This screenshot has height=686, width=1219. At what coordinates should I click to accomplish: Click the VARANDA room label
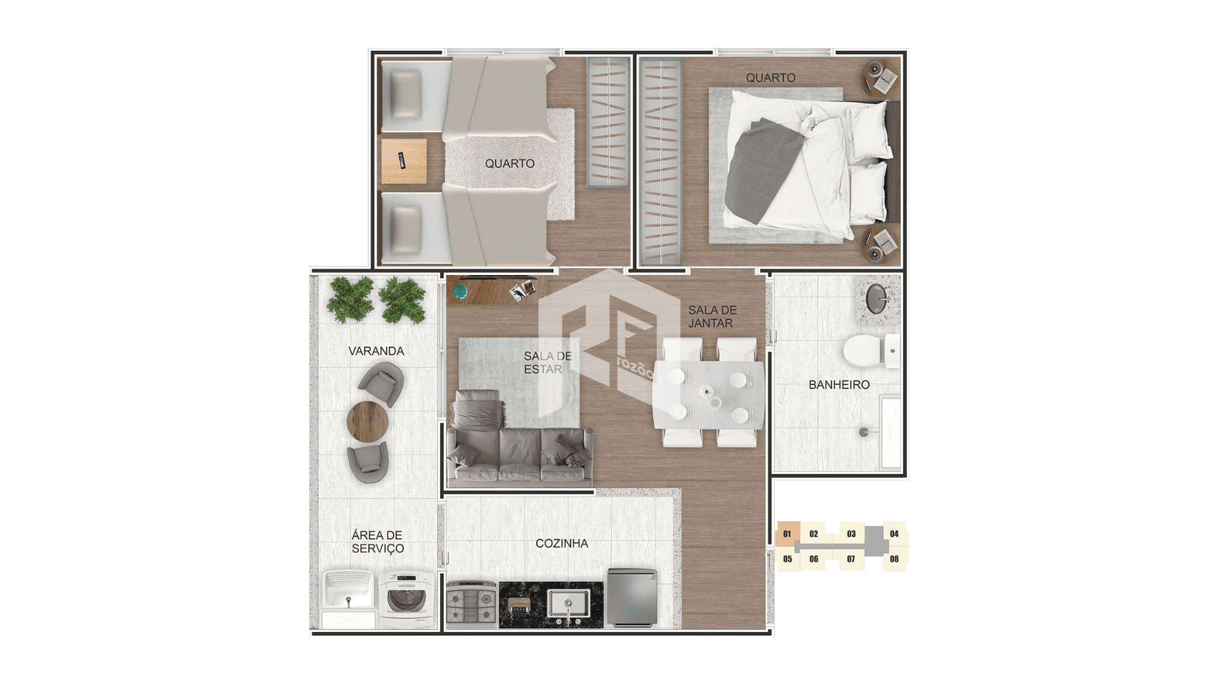pos(376,351)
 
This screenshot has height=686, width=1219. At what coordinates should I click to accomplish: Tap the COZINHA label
pos(561,544)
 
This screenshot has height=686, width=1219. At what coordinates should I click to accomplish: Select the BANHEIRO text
pos(839,385)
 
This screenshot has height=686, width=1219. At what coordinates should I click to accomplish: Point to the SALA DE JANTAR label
pos(712,317)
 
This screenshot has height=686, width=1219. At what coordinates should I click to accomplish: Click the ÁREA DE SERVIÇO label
pos(378,542)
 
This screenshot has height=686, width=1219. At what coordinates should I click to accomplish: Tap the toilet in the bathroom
pos(870,351)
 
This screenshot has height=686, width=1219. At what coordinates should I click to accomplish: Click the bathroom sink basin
pos(877,299)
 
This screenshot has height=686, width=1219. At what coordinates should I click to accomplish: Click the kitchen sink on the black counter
pos(569,603)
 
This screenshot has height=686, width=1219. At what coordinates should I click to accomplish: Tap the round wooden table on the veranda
pos(368,422)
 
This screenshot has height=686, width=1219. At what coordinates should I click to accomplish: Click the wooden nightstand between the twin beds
pos(404,161)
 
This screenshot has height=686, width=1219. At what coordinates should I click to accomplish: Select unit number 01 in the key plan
pos(787,534)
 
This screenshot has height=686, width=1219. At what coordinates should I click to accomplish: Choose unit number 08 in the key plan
pos(894,559)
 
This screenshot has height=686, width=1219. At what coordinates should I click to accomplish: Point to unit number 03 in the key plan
pos(851,534)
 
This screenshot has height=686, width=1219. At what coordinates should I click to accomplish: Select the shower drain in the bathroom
pos(863,432)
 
